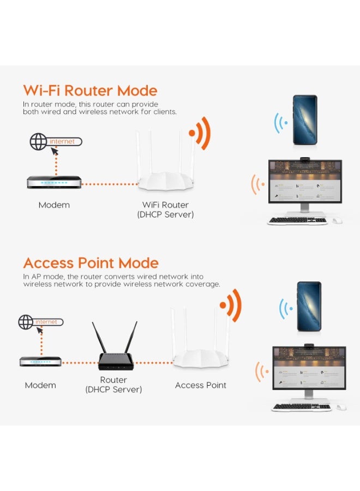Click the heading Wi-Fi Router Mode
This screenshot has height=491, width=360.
(90, 91)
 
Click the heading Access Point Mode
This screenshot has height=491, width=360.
(91, 263)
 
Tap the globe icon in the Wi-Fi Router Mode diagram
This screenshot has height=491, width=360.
(38, 142)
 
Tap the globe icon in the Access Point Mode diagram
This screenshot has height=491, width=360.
(26, 322)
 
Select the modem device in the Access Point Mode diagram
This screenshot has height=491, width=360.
(41, 361)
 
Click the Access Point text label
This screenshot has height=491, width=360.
(200, 385)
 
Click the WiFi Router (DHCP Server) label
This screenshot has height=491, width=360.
(165, 209)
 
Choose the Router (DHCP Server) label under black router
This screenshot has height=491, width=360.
(113, 385)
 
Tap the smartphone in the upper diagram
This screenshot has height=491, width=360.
(304, 119)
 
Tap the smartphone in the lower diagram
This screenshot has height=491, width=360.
(309, 306)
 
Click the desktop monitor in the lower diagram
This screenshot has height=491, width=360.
(309, 368)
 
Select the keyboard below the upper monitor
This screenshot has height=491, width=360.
(297, 221)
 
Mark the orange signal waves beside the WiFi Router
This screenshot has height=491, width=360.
(199, 133)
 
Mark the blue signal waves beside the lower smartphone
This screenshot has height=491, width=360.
(284, 310)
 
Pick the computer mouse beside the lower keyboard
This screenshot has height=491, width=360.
(341, 407)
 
